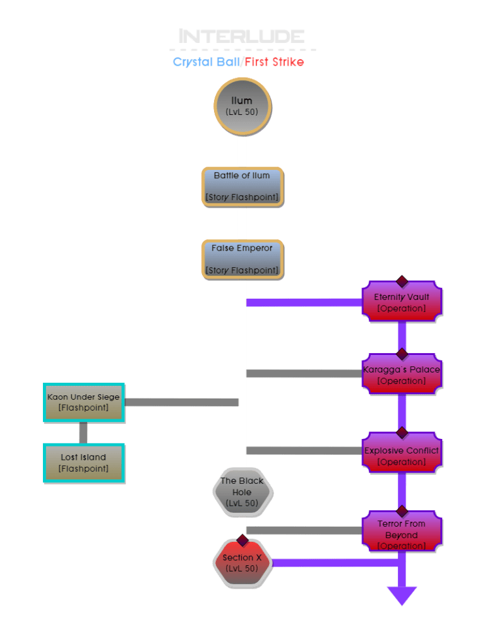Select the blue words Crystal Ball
tap(206, 63)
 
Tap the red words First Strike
tap(275, 63)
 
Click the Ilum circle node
tap(242, 106)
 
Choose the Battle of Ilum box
tap(242, 186)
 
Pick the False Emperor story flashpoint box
tap(242, 259)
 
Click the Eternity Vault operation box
tap(402, 303)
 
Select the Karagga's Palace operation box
tap(402, 375)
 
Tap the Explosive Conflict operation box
tap(402, 456)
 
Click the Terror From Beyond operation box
tap(402, 534)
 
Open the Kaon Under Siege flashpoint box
tap(83, 402)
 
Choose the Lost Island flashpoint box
tap(83, 463)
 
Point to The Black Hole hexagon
tap(242, 492)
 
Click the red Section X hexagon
tap(242, 563)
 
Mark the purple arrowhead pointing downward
tap(402, 596)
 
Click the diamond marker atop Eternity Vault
tap(402, 281)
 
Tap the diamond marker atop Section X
tap(242, 540)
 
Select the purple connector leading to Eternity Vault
tap(303, 303)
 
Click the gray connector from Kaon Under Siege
tap(182, 402)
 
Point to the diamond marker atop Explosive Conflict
tap(402, 433)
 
